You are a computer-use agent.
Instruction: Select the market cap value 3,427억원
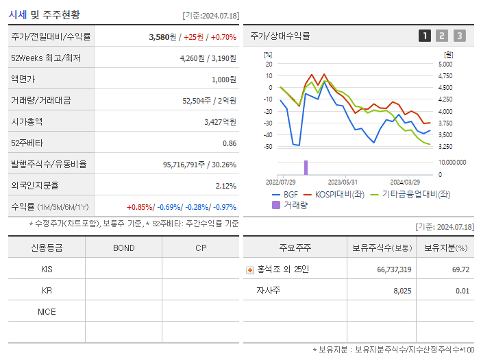point(220,122)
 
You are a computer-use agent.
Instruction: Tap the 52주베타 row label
point(26,143)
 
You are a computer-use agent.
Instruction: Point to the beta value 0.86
point(230,143)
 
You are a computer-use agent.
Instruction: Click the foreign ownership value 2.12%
point(225,186)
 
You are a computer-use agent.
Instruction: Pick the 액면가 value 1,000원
point(223,80)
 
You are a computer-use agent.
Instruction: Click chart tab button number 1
point(425,36)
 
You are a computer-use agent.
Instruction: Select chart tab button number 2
point(442,36)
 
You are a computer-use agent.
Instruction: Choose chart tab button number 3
point(459,36)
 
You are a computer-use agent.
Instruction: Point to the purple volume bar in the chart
point(306,167)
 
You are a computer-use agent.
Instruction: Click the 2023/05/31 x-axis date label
point(343,182)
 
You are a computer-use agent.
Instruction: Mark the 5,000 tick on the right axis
point(445,64)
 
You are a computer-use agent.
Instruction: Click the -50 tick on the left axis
point(268,147)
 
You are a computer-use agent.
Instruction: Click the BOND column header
point(123,248)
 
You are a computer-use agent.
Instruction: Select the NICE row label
point(47,311)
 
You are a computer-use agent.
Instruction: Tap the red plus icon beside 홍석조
point(250,269)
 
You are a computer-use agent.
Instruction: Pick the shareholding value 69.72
point(460,269)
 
